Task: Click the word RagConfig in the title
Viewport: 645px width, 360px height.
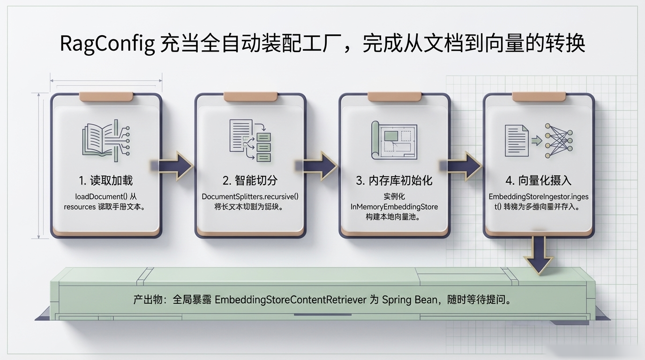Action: tap(107, 44)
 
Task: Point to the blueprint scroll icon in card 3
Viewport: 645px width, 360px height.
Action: tap(394, 141)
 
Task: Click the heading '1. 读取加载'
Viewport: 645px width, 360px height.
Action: tap(105, 180)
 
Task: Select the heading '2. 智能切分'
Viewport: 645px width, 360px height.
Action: tap(250, 180)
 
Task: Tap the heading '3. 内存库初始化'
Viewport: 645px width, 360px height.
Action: tap(394, 180)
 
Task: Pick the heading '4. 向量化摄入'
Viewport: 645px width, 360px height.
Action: tap(539, 180)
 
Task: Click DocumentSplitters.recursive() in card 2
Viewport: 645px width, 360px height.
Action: tap(250, 196)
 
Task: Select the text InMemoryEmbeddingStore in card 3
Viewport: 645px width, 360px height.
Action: tap(394, 207)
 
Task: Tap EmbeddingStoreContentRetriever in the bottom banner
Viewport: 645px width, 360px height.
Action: tap(290, 300)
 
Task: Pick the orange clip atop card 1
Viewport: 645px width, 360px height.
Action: tap(105, 97)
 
